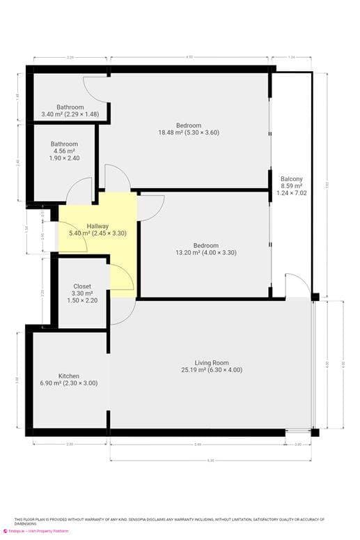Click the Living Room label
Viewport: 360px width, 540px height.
[x=212, y=362]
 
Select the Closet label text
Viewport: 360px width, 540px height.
[x=82, y=286]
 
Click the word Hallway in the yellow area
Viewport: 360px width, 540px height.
[x=97, y=226]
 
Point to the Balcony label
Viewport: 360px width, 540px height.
[x=291, y=179]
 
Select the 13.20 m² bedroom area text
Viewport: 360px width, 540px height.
[x=205, y=253]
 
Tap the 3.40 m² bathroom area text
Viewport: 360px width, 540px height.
[x=70, y=114]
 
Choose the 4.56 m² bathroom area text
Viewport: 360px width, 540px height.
[x=63, y=151]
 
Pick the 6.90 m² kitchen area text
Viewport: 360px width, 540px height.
[x=68, y=383]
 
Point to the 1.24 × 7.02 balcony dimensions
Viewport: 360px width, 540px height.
[x=291, y=194]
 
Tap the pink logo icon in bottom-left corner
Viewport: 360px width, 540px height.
[x=5, y=531]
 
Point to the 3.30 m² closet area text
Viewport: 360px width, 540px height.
[x=82, y=293]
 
